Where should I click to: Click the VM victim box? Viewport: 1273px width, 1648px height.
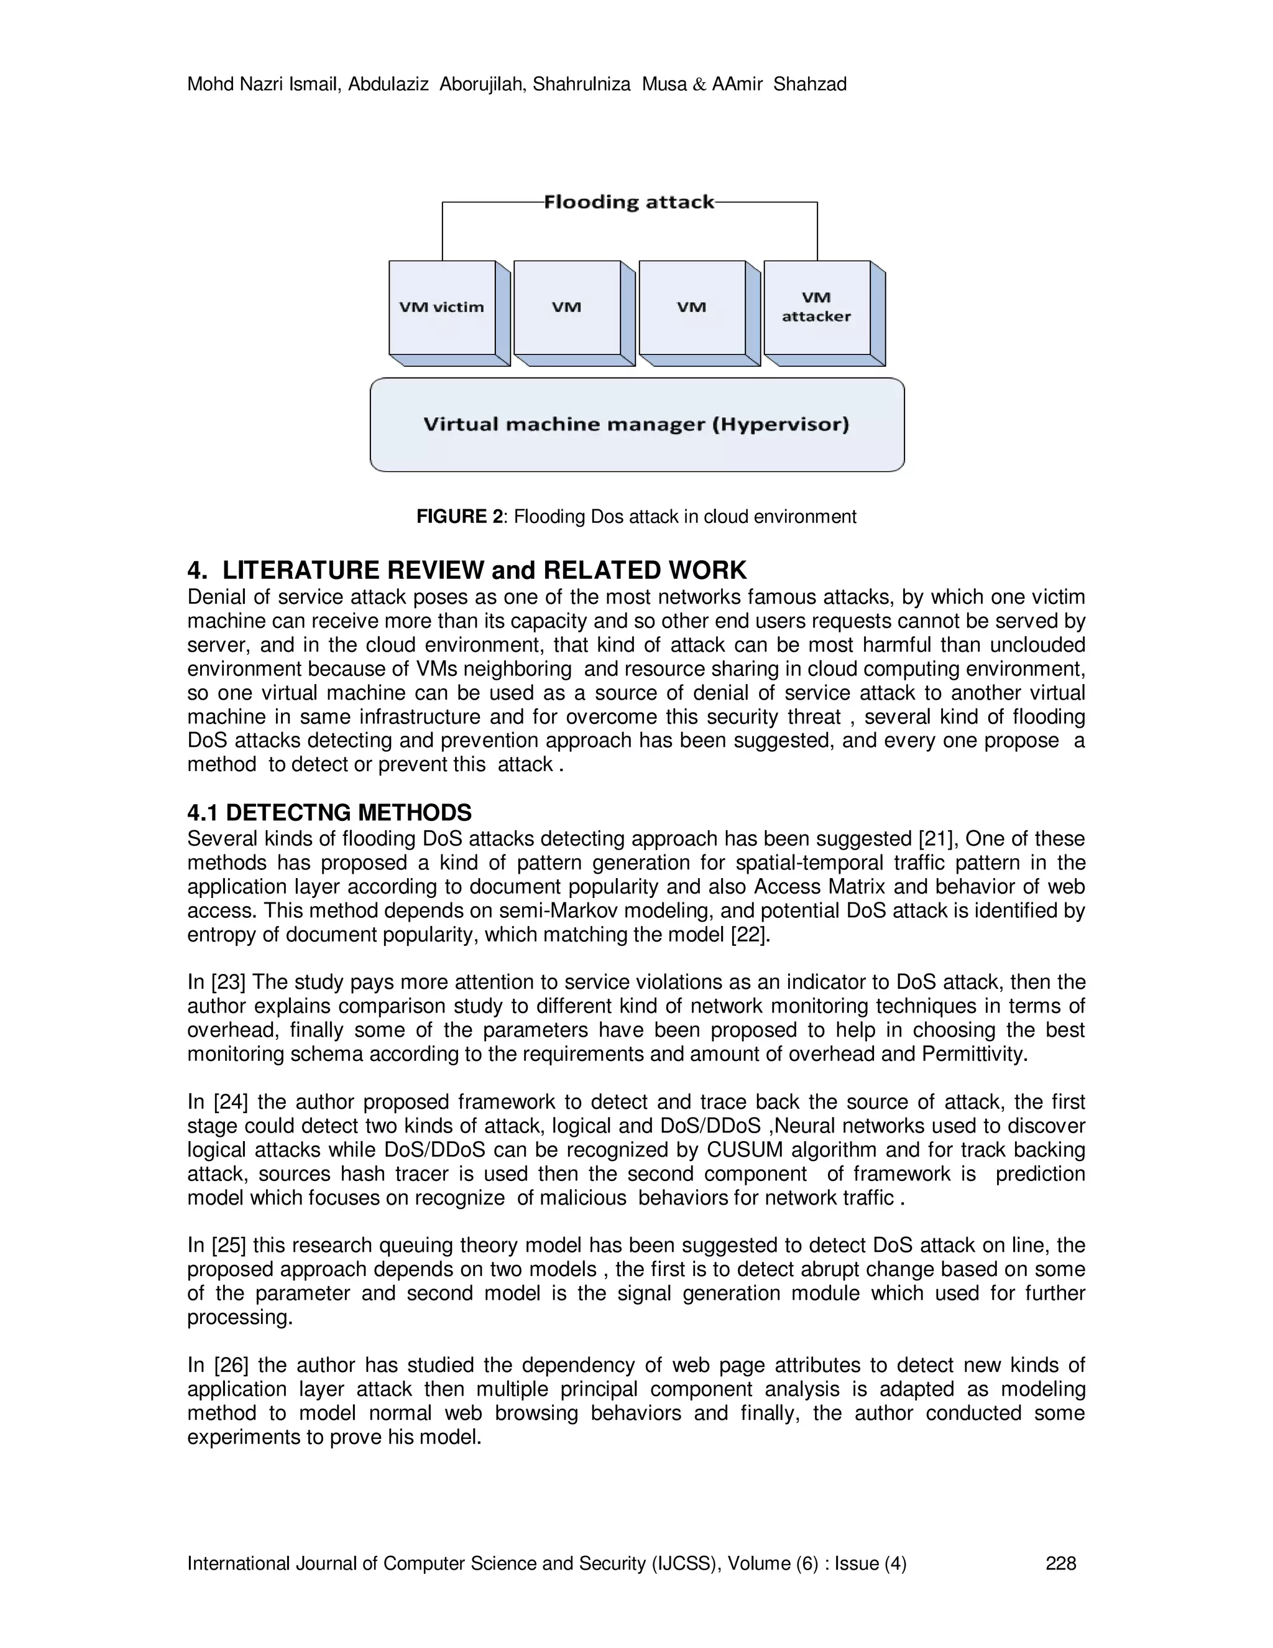[x=442, y=307]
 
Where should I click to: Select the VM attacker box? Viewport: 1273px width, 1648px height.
[x=817, y=307]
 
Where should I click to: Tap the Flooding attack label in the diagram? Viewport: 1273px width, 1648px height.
[x=629, y=202]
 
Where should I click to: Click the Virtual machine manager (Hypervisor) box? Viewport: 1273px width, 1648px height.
[x=636, y=424]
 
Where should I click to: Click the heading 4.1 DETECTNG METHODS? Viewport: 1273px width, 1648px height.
[x=329, y=813]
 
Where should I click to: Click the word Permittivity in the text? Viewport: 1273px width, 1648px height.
[x=975, y=1054]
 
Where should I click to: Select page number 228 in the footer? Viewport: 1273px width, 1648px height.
[x=1060, y=1563]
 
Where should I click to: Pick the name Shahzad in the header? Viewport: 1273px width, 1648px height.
[x=810, y=85]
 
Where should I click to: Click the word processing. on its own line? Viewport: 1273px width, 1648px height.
[x=240, y=1318]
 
